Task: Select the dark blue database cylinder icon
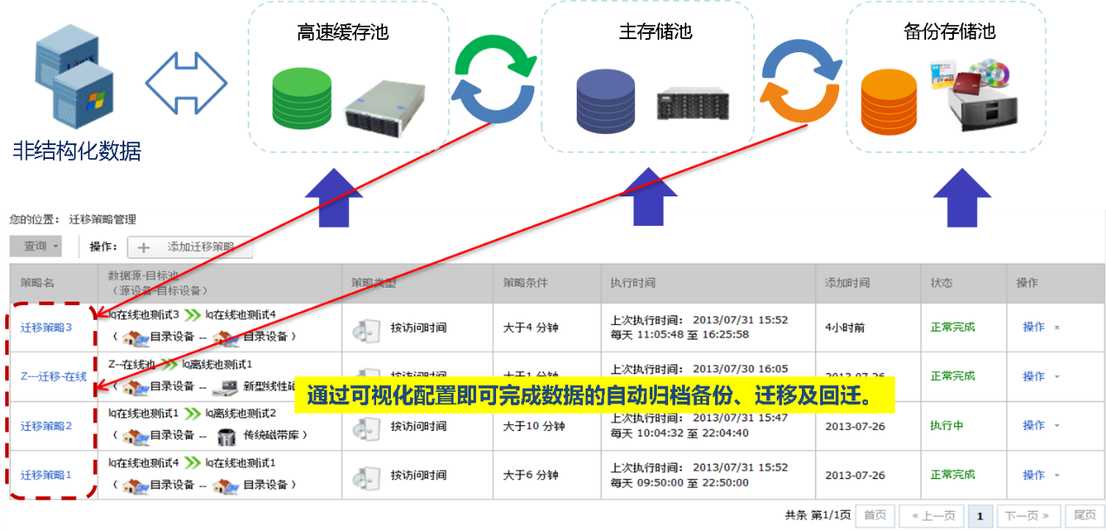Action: coord(606,98)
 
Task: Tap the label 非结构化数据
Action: coord(76,150)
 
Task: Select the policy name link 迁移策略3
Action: coord(46,328)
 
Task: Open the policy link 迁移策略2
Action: coord(46,426)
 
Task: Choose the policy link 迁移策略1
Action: coord(46,475)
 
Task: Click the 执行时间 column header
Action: coord(632,283)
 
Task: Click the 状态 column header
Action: coord(941,283)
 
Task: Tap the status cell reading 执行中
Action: coord(946,426)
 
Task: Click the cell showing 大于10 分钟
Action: coord(534,427)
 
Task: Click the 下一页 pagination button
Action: coord(1027,516)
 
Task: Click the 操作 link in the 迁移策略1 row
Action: coord(1033,475)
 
